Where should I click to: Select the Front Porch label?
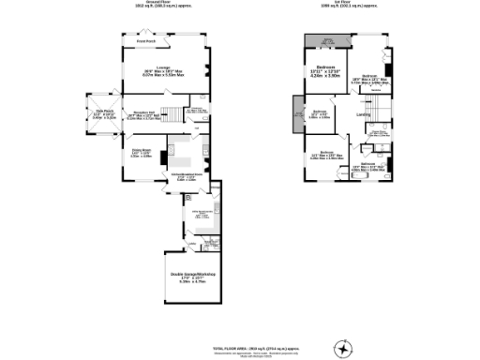(145, 42)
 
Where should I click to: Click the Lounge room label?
(162, 68)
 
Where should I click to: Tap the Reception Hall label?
(143, 114)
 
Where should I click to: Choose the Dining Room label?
(140, 153)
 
